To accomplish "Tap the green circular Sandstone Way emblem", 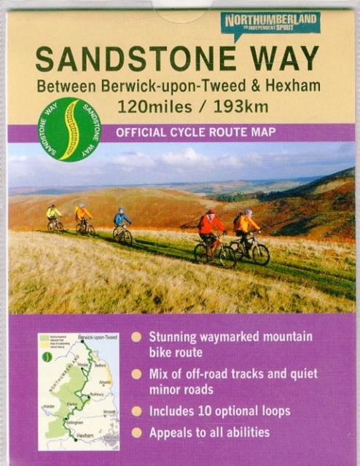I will (70, 129).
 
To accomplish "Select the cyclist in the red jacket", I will (211, 227).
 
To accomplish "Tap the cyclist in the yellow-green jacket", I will (53, 213).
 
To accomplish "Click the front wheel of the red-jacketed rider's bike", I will (227, 256).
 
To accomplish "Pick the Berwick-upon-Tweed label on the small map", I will (97, 339).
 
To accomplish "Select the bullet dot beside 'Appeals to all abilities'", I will (136, 433).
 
